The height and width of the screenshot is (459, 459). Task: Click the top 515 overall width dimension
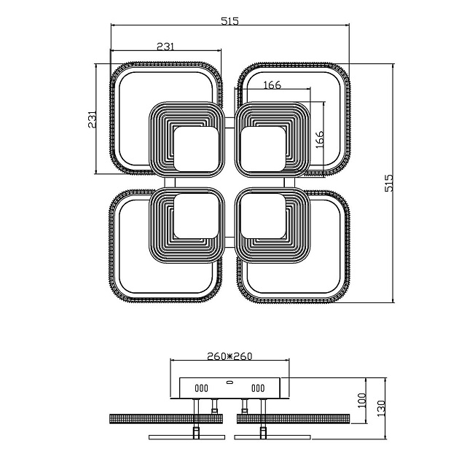[x=229, y=21]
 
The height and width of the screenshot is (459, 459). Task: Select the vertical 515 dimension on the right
[x=389, y=182]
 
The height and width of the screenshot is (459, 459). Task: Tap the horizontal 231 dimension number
[x=165, y=46]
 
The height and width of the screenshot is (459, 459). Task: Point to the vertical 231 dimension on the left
[x=93, y=119]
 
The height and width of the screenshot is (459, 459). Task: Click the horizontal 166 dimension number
[x=271, y=85]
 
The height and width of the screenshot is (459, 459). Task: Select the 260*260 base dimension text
[x=229, y=356]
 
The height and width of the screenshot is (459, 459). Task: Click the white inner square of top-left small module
[x=195, y=149]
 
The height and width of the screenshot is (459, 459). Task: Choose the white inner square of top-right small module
[x=263, y=149]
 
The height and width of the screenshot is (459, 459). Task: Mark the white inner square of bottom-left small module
[x=195, y=216]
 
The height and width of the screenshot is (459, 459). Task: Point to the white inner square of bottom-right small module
[x=263, y=216]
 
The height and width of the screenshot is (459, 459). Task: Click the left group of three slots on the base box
[x=201, y=388]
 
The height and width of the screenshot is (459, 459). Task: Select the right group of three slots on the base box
[x=258, y=388]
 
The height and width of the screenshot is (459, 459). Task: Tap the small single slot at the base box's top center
[x=229, y=381]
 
